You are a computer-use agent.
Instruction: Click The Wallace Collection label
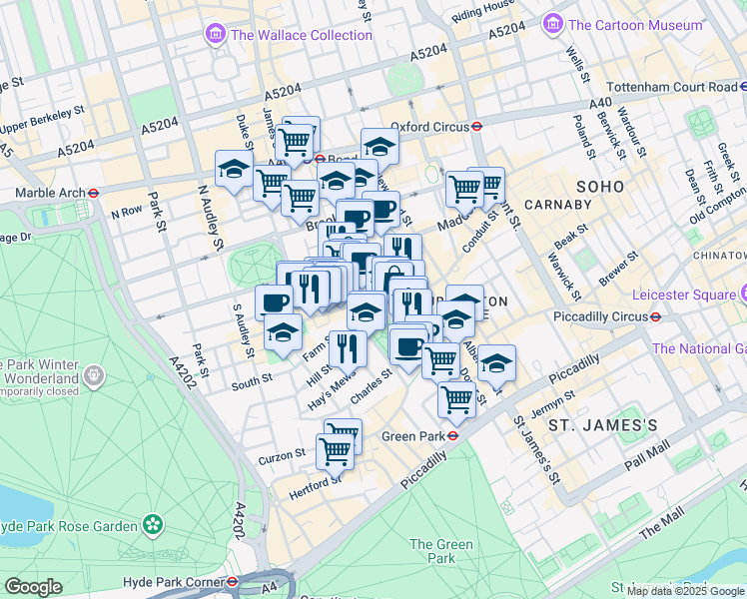[x=301, y=35]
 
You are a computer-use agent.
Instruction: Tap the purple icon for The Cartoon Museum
[x=552, y=23]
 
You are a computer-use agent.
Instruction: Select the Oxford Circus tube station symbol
[x=478, y=127]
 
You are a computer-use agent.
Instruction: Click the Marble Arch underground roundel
[x=93, y=193]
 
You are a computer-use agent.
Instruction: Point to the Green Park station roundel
[x=452, y=435]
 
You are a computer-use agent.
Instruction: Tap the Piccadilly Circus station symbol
[x=655, y=316]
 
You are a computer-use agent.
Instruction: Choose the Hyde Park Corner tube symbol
[x=232, y=581]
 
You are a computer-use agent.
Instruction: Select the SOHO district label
[x=600, y=187]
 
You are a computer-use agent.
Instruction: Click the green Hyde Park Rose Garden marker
[x=153, y=523]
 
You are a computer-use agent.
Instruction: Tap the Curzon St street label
[x=280, y=454]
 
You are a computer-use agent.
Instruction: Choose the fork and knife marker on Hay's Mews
[x=348, y=348]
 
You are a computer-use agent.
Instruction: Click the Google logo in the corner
[x=33, y=587]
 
